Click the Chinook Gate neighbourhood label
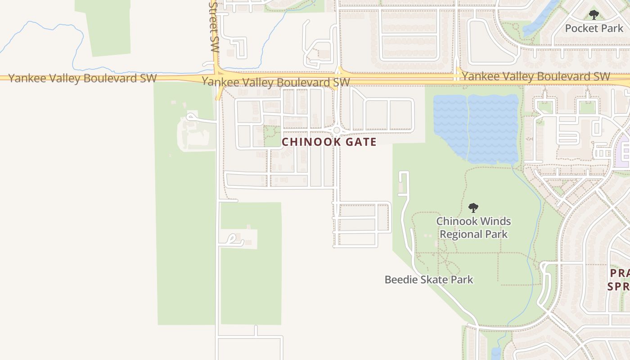coord(329,142)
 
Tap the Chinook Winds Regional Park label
coord(473,228)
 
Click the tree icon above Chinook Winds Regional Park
coord(473,208)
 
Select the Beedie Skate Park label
coord(428,279)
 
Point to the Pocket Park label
coord(594,28)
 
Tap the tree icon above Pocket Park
coord(594,15)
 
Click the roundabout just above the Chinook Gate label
coord(337,130)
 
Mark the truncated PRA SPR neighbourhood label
coord(619,279)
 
